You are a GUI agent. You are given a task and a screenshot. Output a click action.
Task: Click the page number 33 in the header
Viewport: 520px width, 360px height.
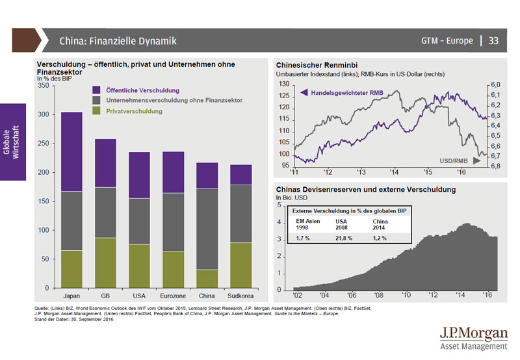[493, 41]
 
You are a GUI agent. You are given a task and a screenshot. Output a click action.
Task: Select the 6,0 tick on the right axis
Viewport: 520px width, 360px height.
[495, 84]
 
